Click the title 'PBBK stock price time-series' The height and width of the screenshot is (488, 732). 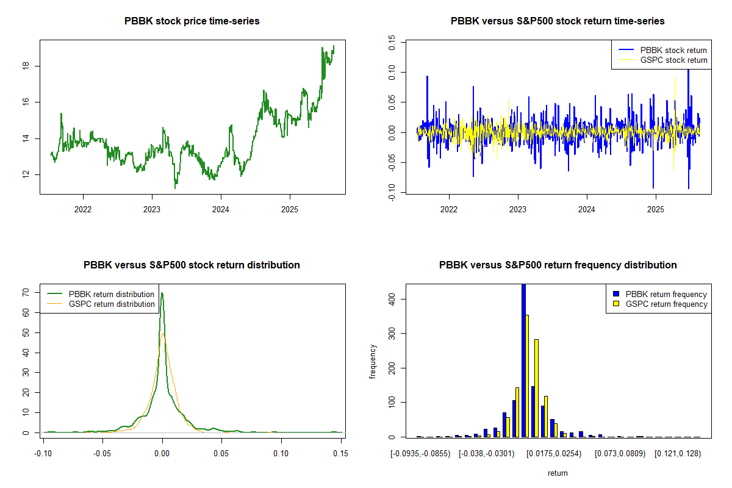pyautogui.click(x=192, y=21)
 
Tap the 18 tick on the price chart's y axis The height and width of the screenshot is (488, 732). pyautogui.click(x=25, y=66)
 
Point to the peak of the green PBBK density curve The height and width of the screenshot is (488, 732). pyautogui.click(x=162, y=293)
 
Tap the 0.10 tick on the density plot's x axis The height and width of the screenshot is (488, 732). pyautogui.click(x=281, y=454)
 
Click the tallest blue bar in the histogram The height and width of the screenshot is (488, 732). pyautogui.click(x=523, y=360)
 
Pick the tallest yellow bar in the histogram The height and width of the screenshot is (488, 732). pyautogui.click(x=527, y=376)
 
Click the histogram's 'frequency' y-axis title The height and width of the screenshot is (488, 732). pyautogui.click(x=373, y=362)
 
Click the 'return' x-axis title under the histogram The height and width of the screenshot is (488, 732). pyautogui.click(x=558, y=473)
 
